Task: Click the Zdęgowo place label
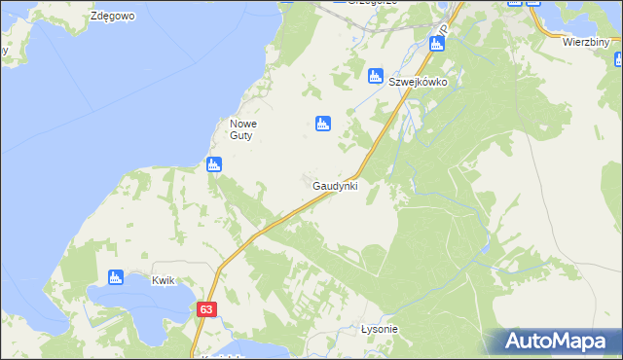(x=110, y=17)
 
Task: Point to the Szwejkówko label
(x=418, y=82)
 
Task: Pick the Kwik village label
(x=163, y=280)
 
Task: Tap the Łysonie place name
(x=380, y=329)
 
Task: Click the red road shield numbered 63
(x=205, y=308)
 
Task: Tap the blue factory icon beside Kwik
(x=116, y=277)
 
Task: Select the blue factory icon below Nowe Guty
(x=214, y=164)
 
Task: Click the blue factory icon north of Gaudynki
(x=323, y=123)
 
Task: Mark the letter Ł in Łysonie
(x=364, y=329)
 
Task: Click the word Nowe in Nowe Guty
(x=240, y=124)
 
